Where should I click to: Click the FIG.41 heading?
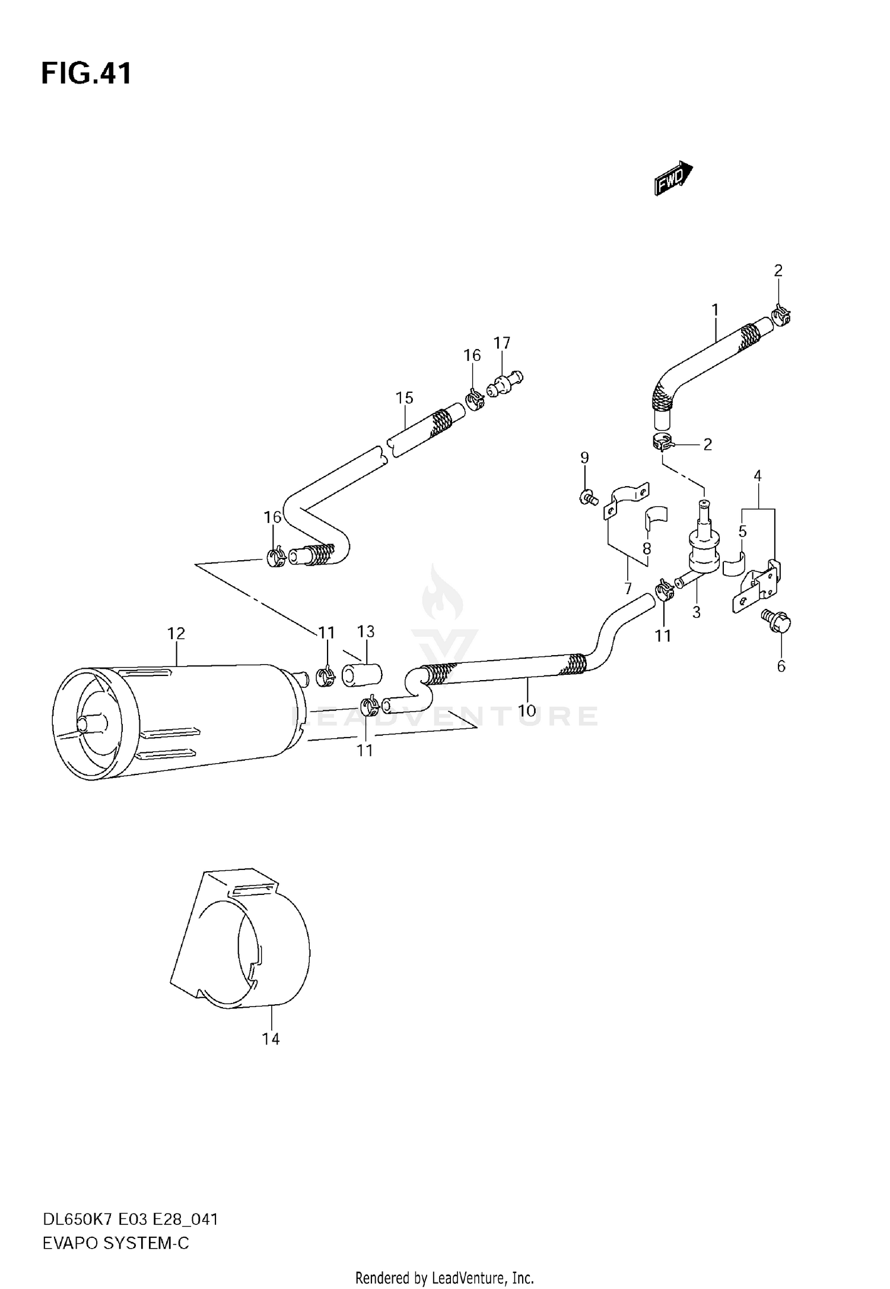[87, 74]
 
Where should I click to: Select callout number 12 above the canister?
[176, 633]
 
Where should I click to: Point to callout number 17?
[501, 342]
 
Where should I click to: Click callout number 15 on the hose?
[405, 398]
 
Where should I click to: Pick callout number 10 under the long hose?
[526, 710]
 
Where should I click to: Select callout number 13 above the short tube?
[366, 631]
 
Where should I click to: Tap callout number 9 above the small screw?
[584, 458]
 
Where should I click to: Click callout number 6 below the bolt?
[781, 666]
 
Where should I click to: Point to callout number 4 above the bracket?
[758, 475]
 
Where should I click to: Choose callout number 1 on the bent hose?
[715, 310]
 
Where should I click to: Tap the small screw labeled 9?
[587, 497]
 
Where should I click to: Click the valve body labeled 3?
[703, 549]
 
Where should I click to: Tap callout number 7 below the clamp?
[628, 589]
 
